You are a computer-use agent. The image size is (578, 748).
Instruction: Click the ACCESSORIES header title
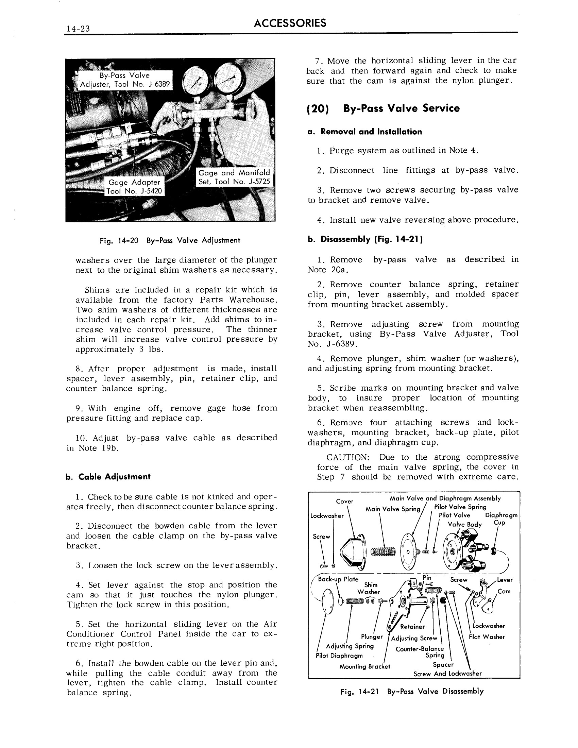tap(290, 23)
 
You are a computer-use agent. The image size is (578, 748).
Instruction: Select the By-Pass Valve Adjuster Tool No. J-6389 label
tap(125, 80)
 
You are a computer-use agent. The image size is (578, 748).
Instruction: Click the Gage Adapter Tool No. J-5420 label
tap(134, 186)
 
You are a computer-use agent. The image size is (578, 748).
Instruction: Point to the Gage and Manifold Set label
tap(234, 177)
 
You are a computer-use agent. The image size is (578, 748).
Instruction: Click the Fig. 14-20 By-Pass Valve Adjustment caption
tap(170, 240)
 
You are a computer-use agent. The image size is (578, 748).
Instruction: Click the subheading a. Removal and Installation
tap(365, 132)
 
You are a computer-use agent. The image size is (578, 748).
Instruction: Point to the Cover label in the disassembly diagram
tap(344, 502)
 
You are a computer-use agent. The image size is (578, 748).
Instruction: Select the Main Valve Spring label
tap(392, 509)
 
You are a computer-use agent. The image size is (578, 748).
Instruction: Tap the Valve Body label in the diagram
tap(465, 524)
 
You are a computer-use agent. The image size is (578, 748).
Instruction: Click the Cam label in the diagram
tap(504, 591)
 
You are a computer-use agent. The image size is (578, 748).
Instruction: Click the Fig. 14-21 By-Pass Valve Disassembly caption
tap(412, 691)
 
